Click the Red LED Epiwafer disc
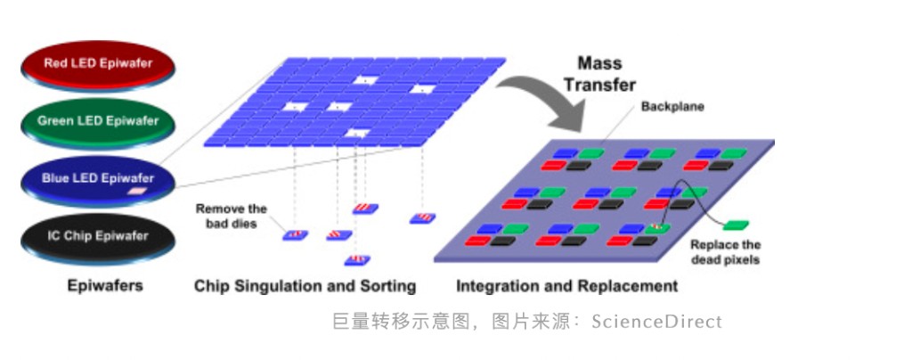[x=98, y=64]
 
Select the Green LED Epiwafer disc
[x=98, y=121]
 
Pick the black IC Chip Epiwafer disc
[x=98, y=236]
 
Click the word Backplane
[x=672, y=107]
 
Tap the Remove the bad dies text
[x=232, y=217]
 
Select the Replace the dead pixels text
[x=726, y=252]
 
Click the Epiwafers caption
[x=105, y=286]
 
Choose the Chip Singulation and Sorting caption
[x=305, y=286]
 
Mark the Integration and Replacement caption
[x=566, y=286]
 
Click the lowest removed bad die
[x=357, y=260]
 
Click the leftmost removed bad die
[x=295, y=235]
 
